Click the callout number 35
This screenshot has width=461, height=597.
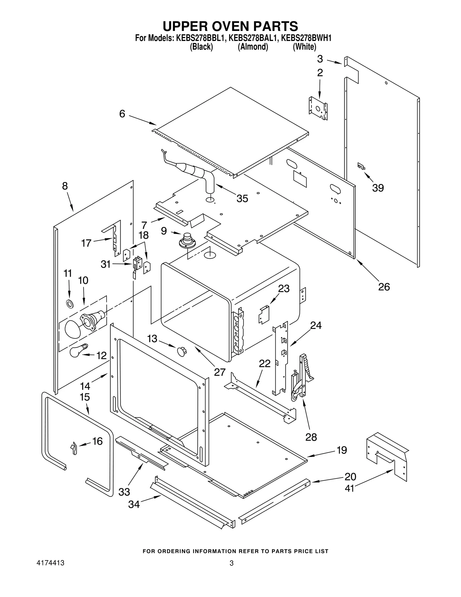pos(242,199)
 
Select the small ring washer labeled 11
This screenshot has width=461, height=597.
pos(69,303)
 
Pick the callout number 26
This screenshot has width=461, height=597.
pos(384,287)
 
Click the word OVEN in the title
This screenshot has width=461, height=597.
pos(229,26)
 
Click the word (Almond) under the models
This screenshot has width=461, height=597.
pos(253,47)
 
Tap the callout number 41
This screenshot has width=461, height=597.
pos(349,488)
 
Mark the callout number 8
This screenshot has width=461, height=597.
pos(65,186)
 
